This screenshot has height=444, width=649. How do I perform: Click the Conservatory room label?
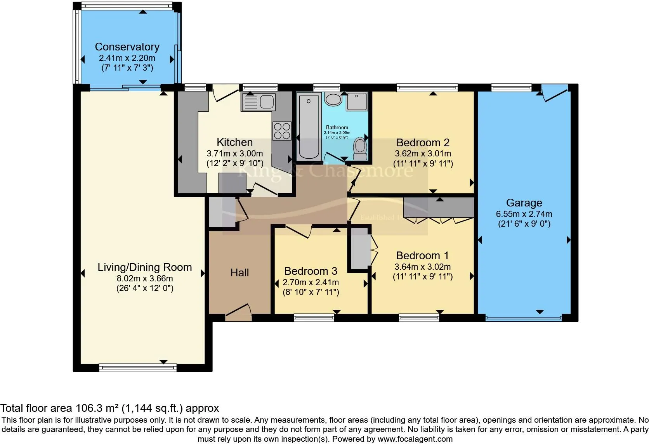127,47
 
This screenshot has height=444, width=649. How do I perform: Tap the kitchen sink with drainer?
258,102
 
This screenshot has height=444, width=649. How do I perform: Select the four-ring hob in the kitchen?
282,131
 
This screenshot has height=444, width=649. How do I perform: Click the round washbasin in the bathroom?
333,99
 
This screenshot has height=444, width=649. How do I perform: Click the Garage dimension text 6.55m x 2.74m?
524,214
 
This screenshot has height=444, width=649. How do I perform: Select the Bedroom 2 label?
423,142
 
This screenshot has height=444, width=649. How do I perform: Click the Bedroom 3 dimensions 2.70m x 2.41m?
311,282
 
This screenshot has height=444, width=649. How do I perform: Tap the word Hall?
239,272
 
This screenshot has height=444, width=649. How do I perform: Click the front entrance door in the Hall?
238,312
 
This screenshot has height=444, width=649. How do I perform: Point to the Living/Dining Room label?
144,267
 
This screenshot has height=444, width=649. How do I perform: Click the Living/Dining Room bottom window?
138,367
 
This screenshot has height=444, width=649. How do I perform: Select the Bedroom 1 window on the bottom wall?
419,318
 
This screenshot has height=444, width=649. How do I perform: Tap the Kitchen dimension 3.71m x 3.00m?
234,153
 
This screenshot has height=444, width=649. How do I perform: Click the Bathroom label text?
337,127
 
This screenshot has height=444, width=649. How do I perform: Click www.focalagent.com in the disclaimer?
415,439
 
